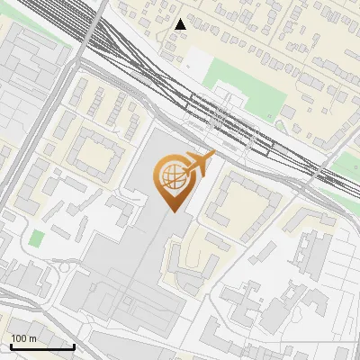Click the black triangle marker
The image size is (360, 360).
click(181, 24)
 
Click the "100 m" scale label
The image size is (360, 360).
click(24, 338)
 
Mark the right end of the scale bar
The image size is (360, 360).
click(74, 346)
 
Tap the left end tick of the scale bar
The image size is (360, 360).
click(11, 346)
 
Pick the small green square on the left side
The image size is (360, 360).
click(36, 239)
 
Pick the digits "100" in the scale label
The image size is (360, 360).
click(19, 338)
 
